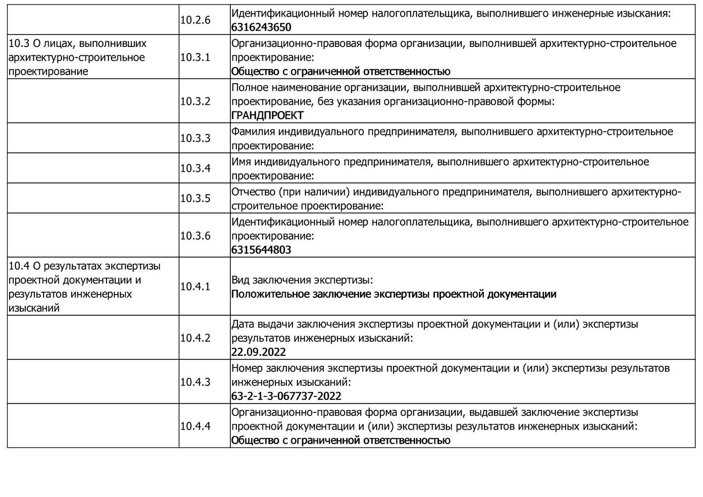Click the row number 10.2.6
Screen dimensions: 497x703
tap(195, 20)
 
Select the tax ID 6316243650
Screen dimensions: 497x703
tap(261, 27)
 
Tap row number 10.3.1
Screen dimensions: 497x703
tap(195, 58)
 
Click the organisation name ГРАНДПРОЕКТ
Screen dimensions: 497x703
tap(267, 116)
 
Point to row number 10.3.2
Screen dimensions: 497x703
tap(195, 101)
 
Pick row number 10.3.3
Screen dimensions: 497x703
tap(195, 138)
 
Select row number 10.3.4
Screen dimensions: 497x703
tap(195, 168)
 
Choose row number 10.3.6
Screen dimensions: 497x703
tap(195, 236)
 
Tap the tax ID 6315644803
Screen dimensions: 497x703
tap(261, 250)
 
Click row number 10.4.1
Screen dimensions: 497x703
tap(195, 287)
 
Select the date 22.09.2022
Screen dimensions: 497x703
tap(258, 353)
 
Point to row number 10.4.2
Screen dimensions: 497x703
tap(195, 338)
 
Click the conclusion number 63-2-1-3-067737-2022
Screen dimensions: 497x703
tap(286, 396)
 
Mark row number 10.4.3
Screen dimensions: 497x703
tap(195, 382)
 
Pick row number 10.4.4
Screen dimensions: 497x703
tap(195, 426)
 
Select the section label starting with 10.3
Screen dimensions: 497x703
tap(77, 58)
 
